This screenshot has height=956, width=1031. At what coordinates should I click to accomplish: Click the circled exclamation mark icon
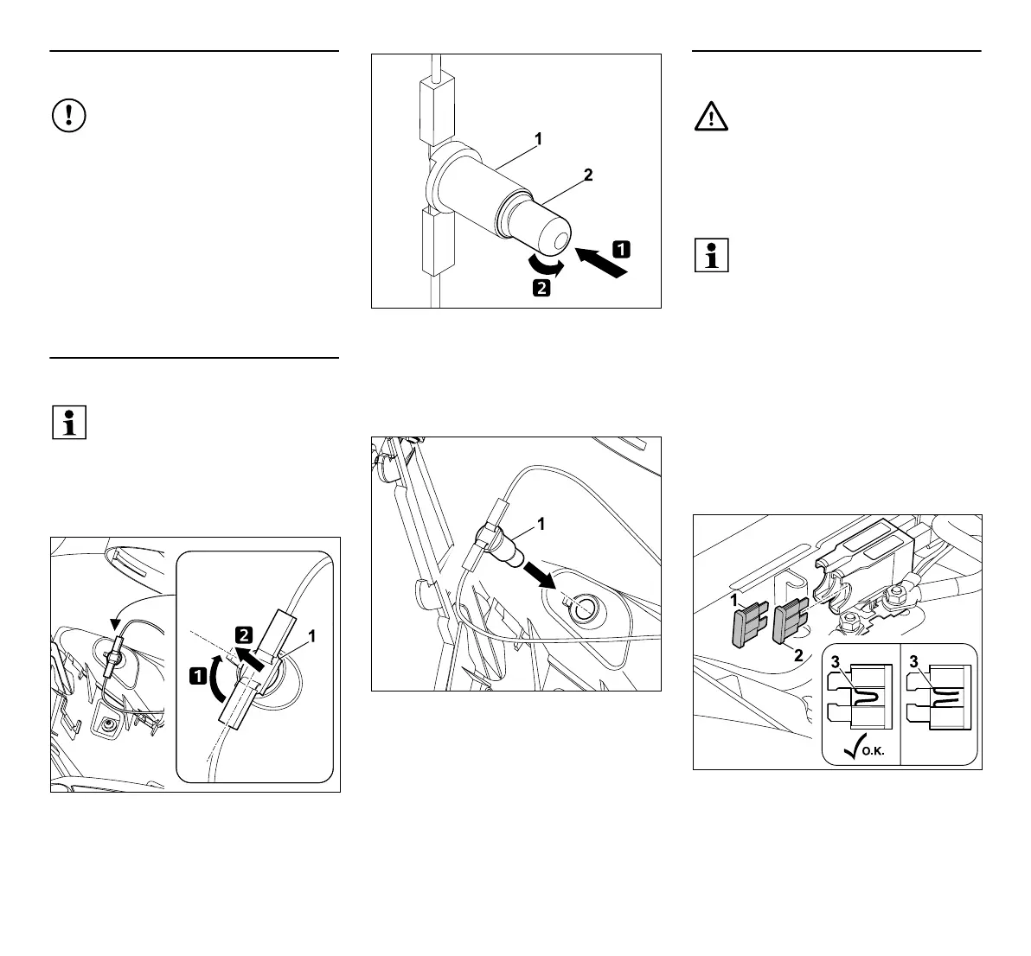pos(69,115)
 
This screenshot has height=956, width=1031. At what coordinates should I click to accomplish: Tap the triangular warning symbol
pos(711,115)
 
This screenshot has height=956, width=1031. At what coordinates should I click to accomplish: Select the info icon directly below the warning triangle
pos(712,255)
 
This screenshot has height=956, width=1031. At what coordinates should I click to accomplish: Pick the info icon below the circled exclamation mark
pos(69,422)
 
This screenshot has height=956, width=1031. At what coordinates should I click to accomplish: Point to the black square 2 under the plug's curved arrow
pos(541,288)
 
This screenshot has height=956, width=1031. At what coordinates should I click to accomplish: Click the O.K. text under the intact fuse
pos(871,752)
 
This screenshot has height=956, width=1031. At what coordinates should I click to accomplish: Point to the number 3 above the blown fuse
pos(913,663)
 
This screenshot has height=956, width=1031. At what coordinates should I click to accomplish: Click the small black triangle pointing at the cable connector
pos(115,625)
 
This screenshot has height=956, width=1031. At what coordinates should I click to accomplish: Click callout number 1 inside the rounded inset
pos(311,636)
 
